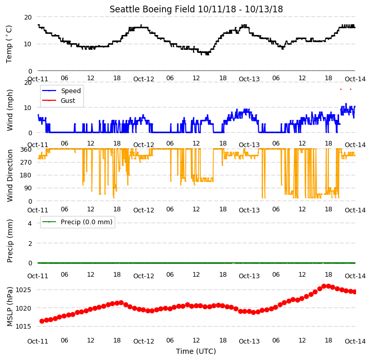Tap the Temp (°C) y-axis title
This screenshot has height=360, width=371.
[x=9, y=44]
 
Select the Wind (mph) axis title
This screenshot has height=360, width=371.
[x=9, y=110]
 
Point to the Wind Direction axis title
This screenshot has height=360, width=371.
[x=9, y=175]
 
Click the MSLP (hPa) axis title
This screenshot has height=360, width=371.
[x=9, y=307]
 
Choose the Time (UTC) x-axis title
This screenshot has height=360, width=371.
[x=196, y=351]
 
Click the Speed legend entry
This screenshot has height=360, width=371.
[x=62, y=91]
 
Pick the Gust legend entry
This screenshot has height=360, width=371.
[x=59, y=100]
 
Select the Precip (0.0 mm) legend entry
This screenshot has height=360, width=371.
[x=77, y=222]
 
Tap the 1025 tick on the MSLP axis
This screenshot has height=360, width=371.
[x=23, y=290]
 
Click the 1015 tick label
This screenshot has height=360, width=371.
[x=23, y=327]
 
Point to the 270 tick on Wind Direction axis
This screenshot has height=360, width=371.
[x=26, y=163]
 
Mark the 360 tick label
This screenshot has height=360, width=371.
[x=26, y=150]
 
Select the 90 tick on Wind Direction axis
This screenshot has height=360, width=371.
[x=28, y=188]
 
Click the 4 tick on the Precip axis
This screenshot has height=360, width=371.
[x=30, y=223]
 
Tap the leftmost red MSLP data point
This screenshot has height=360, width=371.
[x=42, y=321]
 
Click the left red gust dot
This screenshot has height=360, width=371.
[x=341, y=89]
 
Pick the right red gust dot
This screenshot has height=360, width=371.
[x=350, y=89]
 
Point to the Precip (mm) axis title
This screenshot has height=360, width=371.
[x=9, y=241]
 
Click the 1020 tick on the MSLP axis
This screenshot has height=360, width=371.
[x=23, y=308]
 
